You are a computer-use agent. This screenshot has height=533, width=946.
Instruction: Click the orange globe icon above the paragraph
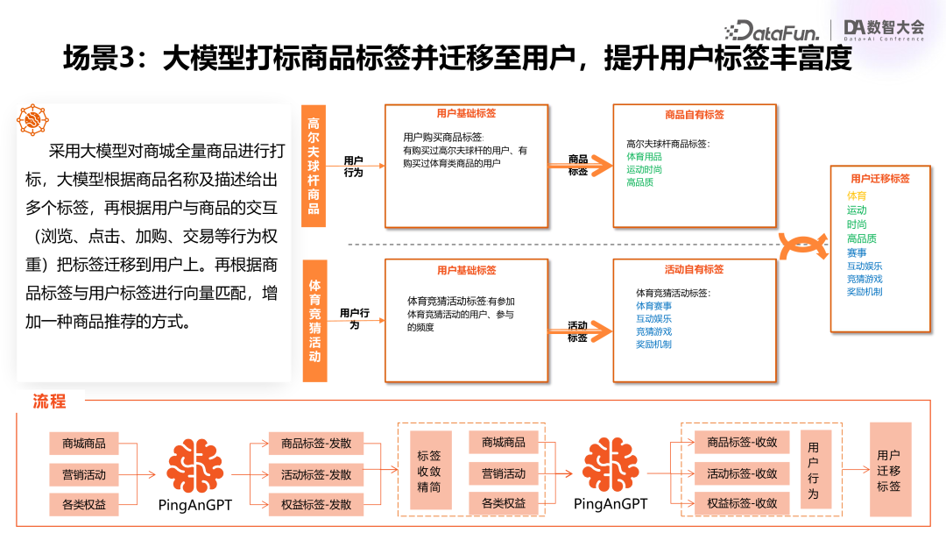(33, 118)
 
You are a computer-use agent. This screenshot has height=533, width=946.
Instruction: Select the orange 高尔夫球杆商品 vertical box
(314, 167)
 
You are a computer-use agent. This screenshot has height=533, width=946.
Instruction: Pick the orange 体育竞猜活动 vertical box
(314, 321)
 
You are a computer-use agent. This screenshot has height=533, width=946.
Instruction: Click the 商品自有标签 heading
(695, 114)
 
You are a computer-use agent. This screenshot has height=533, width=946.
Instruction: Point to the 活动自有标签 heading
(695, 269)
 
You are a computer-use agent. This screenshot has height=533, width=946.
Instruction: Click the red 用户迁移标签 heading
(880, 178)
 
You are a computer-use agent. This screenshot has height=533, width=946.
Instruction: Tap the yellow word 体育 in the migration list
(857, 195)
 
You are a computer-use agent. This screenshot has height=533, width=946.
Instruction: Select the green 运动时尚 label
(644, 169)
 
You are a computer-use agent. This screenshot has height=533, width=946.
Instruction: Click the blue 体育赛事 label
(653, 306)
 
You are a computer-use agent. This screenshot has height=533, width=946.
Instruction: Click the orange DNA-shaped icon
(804, 246)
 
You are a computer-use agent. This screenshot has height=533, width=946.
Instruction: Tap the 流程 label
(50, 402)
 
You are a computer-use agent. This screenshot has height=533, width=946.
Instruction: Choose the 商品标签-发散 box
(316, 444)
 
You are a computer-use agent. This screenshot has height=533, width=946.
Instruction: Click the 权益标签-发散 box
(316, 504)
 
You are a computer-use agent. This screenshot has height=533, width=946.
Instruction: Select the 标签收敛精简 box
(429, 472)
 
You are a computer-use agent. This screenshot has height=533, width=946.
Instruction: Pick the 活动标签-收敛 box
(742, 473)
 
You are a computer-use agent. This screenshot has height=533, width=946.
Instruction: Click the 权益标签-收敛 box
(742, 503)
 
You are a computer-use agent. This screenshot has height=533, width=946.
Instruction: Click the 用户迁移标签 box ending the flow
(889, 471)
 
